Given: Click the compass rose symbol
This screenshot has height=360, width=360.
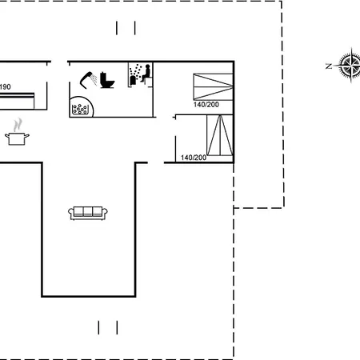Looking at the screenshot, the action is tap(350, 65).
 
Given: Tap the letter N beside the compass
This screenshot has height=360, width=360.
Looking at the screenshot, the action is tap(329, 66).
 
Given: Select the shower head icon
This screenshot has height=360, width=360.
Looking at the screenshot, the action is tap(89, 79).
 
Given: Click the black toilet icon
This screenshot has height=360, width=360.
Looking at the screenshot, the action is tap(107, 80).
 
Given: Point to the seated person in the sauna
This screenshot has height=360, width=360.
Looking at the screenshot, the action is tap(146, 74).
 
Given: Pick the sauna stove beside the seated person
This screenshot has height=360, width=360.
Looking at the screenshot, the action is tap(133, 80).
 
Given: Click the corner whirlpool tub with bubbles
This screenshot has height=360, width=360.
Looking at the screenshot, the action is tap(81, 107).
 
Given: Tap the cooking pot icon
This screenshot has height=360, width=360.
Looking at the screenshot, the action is tap(17, 138).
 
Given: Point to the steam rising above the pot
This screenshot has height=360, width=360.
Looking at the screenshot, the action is tap(18, 125).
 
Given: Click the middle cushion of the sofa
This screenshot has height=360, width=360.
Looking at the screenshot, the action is tap(88, 211).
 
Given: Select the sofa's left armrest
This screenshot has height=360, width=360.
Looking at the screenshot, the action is tap(71, 213).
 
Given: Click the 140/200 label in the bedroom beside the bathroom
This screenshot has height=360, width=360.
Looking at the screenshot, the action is tap(206, 105).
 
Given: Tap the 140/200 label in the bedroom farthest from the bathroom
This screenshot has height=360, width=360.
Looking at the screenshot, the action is tap(194, 158).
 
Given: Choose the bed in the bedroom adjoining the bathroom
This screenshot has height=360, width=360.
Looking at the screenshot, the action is tap(213, 86).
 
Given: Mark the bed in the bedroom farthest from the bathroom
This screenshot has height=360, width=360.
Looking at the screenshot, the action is tap(220, 135).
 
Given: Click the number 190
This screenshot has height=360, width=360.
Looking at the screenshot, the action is tap(6, 87).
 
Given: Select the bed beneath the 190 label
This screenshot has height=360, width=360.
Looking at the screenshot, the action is tap(17, 101).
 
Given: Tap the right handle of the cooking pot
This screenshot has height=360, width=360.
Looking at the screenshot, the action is tap(27, 136).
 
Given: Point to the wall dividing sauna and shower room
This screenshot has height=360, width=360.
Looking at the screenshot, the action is tap(128, 75).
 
